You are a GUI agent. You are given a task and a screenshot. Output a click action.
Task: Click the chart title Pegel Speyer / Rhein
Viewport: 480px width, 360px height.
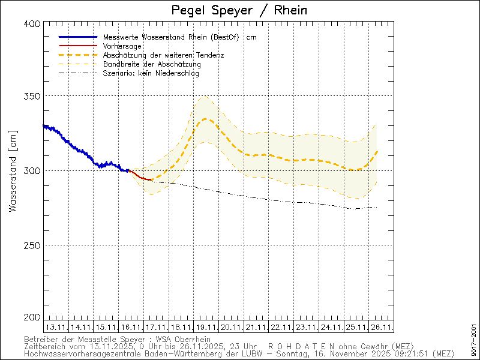coord(239,10)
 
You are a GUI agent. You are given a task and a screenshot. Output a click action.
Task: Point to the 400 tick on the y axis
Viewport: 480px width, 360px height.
coord(33,23)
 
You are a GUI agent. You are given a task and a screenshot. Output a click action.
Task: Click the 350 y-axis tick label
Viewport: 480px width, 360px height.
coord(33,96)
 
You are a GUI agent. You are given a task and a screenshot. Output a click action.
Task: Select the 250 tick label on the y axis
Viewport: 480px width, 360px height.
coord(33,245)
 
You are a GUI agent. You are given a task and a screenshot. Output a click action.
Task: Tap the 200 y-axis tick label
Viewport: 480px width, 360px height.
coord(33,317)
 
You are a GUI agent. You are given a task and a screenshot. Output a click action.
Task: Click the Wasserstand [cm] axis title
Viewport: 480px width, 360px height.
coord(13,170)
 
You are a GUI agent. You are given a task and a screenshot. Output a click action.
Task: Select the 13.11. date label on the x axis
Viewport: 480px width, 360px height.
coord(56,327)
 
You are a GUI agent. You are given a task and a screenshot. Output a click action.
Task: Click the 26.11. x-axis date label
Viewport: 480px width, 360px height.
coord(382,327)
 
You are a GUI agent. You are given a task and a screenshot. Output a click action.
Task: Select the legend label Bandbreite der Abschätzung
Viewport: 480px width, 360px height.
coord(152,64)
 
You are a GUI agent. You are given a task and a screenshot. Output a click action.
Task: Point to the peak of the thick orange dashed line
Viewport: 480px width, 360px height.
coord(205,119)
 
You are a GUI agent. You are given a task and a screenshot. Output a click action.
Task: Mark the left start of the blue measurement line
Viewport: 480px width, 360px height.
coord(44,125)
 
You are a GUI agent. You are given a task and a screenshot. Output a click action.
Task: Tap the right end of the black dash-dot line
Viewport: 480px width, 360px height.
coord(376,207)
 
